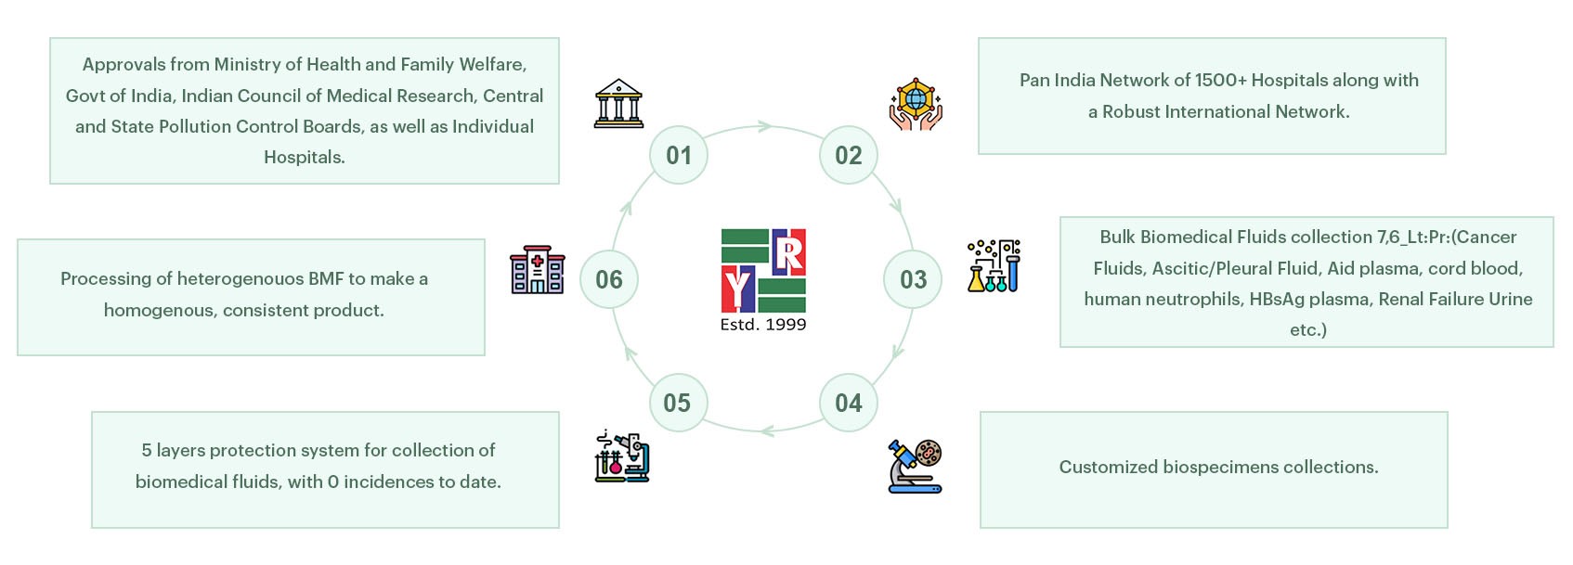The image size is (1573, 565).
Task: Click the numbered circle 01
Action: point(679,155)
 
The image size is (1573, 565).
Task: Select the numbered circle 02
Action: point(848,155)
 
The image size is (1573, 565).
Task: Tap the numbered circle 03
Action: point(913,279)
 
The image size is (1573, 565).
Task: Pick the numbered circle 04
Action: point(848,403)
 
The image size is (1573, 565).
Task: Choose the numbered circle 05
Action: point(677,403)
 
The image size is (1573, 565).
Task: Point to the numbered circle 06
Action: point(609,279)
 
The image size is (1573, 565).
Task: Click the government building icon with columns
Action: point(618,104)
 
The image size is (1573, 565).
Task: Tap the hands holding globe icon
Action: point(916,104)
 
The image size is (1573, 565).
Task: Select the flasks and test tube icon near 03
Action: point(994,266)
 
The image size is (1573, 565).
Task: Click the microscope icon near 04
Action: point(916,466)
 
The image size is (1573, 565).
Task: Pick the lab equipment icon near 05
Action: point(622,456)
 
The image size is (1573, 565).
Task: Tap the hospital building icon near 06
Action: point(537,270)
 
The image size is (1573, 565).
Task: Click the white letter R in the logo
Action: point(788,253)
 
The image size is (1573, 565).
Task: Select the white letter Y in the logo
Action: point(738,289)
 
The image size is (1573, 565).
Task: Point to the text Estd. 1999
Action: point(763,325)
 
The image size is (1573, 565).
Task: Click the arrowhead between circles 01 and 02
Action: point(765,126)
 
